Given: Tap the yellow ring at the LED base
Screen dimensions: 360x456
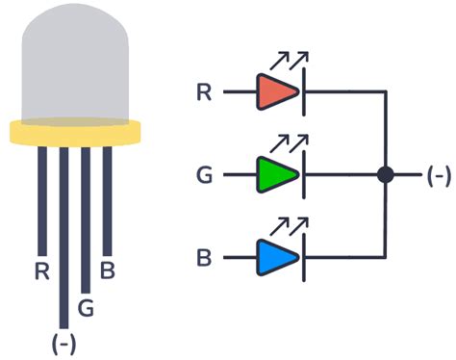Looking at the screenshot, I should (x=76, y=133).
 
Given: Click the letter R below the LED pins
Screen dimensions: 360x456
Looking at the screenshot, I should (x=41, y=270).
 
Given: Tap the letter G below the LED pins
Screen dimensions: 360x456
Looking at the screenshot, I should (x=87, y=308).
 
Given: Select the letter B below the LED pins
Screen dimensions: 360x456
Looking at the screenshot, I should (x=108, y=270).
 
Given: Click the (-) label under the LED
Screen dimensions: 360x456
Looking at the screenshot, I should (x=63, y=343).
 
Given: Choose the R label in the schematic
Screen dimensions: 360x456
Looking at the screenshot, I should (x=204, y=92).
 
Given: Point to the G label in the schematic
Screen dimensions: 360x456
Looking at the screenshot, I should (x=204, y=176).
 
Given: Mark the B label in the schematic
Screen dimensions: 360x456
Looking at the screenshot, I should (x=204, y=258).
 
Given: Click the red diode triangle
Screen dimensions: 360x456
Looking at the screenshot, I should (x=276, y=92).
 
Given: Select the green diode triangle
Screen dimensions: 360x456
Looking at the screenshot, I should (x=276, y=175).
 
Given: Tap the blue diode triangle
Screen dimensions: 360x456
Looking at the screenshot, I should (x=276, y=258).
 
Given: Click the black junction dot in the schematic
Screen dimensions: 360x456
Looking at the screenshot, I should (x=386, y=175).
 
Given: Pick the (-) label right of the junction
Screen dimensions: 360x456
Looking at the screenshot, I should (x=438, y=175).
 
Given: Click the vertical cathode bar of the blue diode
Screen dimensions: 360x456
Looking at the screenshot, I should (x=304, y=258).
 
